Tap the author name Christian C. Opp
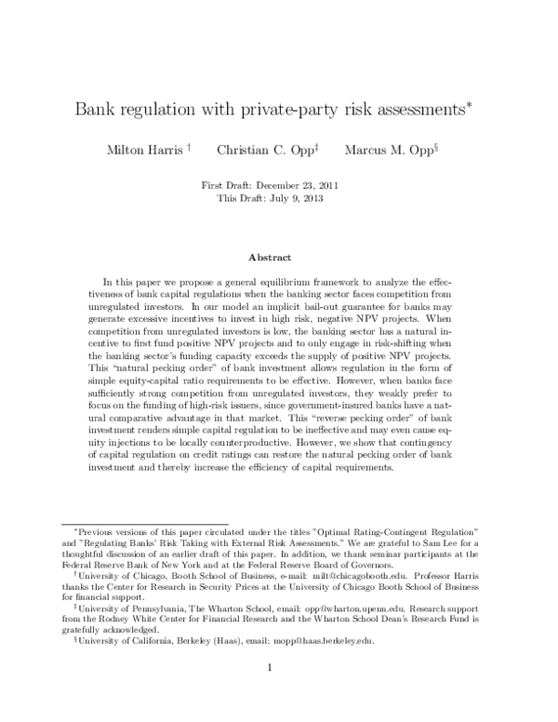click(x=262, y=150)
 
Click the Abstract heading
click(x=270, y=257)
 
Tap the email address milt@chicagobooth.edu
click(x=352, y=578)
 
